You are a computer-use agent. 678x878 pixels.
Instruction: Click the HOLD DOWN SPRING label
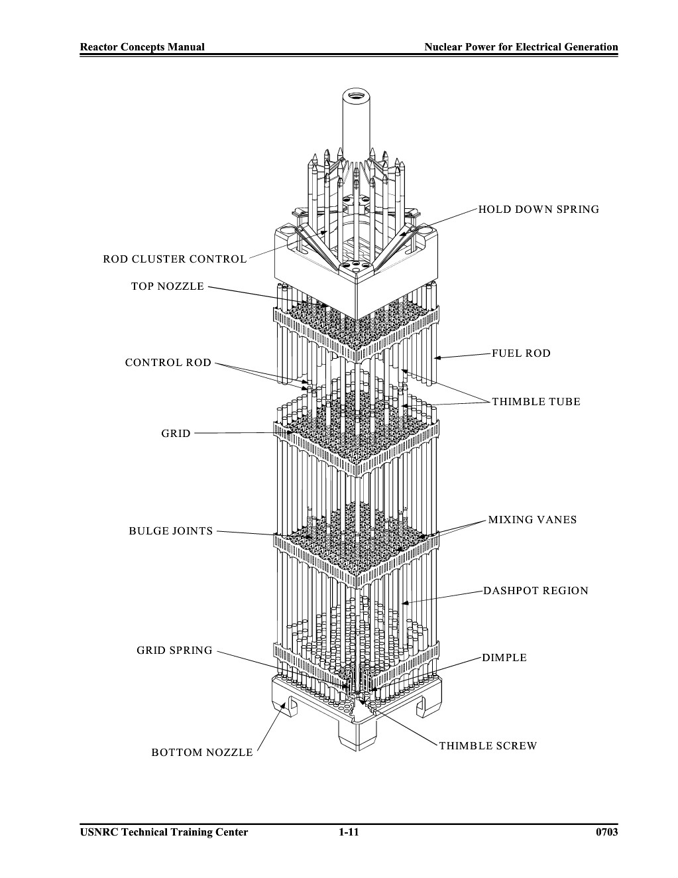coord(539,210)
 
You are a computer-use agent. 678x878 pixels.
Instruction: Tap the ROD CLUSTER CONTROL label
coord(175,259)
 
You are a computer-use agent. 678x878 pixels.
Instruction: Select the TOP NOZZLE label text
coord(168,286)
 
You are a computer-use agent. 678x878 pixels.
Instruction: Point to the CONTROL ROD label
coord(168,363)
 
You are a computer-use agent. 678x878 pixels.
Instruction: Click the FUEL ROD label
coord(522,353)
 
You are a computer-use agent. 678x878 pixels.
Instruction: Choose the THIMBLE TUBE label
coord(536,402)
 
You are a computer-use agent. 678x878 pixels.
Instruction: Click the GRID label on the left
coord(176,434)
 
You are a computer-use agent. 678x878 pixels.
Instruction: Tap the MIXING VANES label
coord(533,520)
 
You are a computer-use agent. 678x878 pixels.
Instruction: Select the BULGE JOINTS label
coord(171,531)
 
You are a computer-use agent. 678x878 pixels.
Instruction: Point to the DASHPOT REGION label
coord(536,591)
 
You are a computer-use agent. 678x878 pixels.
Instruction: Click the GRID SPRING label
coord(174,651)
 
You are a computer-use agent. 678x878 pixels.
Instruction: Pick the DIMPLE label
coord(504,658)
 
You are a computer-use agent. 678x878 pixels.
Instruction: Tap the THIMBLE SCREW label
coord(488,746)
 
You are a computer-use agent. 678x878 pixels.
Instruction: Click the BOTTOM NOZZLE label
coord(202,753)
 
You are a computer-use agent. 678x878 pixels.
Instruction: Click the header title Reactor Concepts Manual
coord(142,47)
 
